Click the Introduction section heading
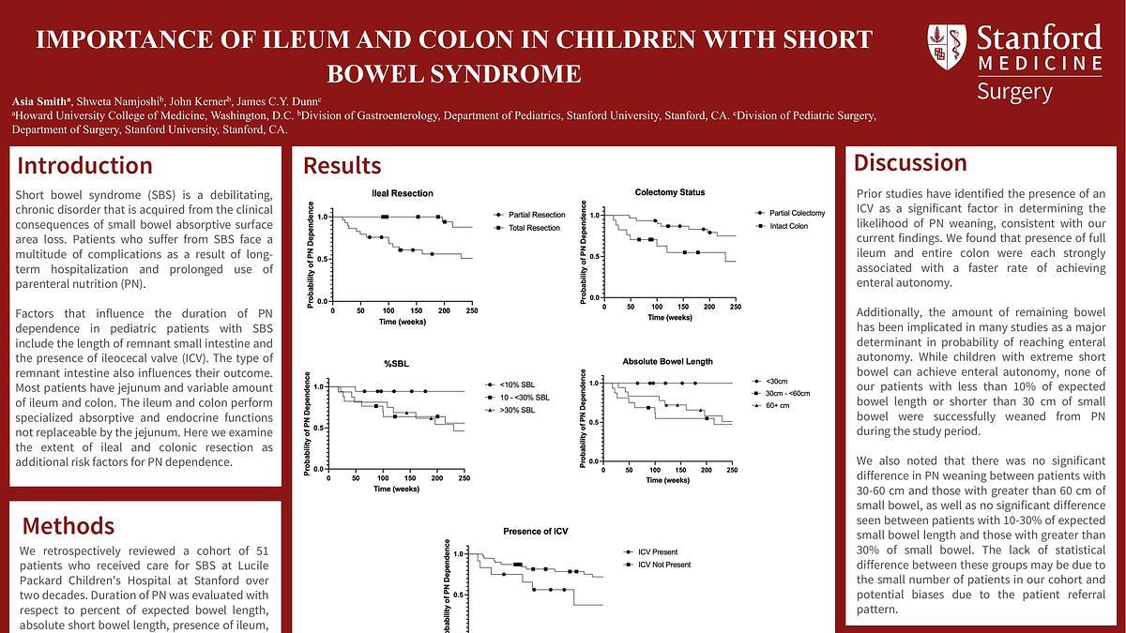click(84, 166)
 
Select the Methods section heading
click(68, 525)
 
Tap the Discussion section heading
click(909, 162)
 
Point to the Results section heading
click(342, 166)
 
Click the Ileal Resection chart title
click(403, 193)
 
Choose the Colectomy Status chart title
click(669, 193)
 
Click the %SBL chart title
click(396, 363)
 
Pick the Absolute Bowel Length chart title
click(667, 361)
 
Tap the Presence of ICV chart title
click(535, 532)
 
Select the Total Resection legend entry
click(534, 228)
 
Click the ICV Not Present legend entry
click(663, 565)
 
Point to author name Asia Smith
click(38, 100)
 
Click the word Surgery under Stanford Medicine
click(1014, 92)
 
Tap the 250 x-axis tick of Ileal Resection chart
click(471, 310)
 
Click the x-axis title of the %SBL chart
click(396, 489)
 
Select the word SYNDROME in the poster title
click(520, 73)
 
